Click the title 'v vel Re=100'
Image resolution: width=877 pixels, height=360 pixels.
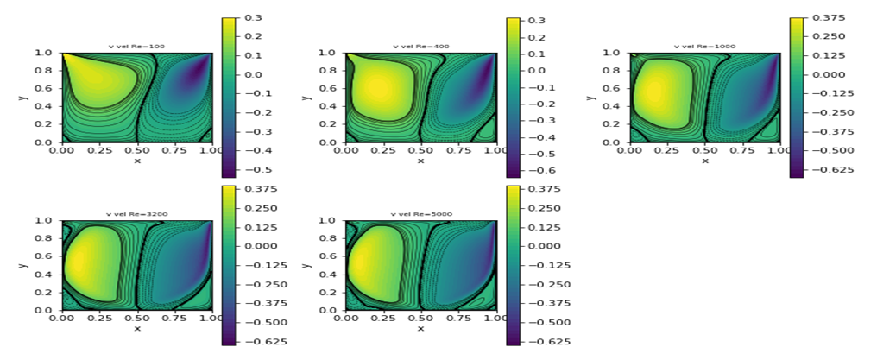tap(136, 47)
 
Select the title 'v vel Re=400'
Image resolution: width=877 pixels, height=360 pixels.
tap(421, 47)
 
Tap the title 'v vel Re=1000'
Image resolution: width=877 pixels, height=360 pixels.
tap(705, 47)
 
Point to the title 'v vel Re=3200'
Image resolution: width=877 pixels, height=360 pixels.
tap(136, 214)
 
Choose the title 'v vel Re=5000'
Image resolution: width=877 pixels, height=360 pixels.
tap(421, 214)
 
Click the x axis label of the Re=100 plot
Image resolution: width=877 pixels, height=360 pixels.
tap(136, 161)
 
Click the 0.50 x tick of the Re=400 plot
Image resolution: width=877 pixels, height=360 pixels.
tap(421, 150)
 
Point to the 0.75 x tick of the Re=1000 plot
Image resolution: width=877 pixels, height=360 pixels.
tap(742, 150)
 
